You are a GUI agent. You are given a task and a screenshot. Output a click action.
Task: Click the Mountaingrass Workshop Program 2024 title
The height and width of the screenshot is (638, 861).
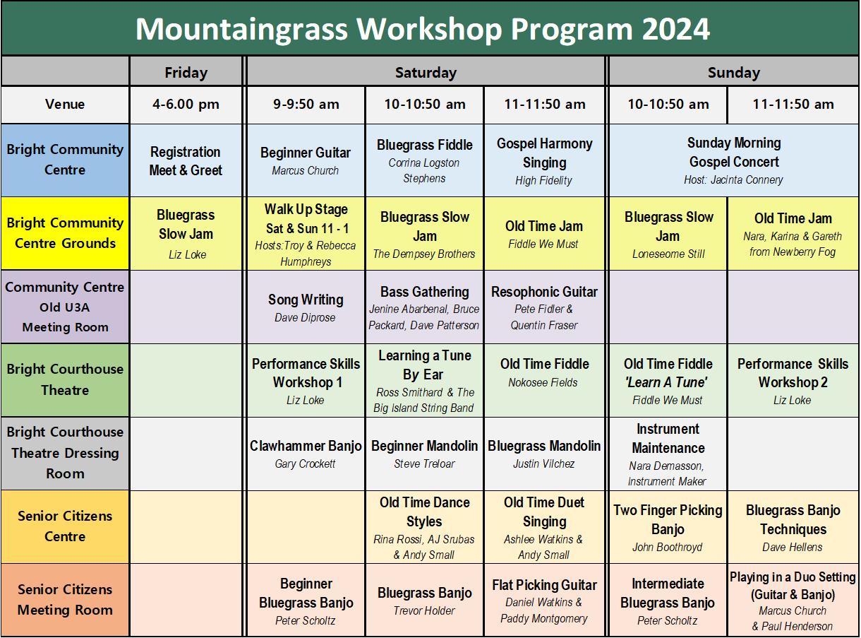point(422,29)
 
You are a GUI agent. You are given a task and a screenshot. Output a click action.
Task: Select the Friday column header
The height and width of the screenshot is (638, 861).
point(186,72)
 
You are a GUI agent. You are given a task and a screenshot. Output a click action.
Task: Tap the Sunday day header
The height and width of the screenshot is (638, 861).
point(733,72)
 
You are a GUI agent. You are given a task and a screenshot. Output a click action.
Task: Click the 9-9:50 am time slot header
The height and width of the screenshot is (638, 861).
point(306,105)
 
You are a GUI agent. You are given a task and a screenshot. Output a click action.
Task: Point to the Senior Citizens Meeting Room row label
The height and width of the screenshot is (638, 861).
point(65,599)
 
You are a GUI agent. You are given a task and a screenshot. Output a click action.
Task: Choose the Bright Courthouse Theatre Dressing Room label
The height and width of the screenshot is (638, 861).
point(65,452)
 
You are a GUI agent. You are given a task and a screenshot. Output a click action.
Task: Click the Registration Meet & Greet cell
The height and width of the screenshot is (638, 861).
point(186,161)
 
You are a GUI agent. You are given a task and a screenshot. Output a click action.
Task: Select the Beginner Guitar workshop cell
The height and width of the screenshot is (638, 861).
point(306,160)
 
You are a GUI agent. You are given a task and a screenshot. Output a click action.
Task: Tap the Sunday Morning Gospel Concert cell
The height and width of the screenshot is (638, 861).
point(733,160)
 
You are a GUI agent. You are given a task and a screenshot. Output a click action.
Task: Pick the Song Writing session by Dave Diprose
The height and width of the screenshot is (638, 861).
point(306,307)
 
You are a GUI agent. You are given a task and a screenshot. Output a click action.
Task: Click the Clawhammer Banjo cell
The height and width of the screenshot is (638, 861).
point(306,454)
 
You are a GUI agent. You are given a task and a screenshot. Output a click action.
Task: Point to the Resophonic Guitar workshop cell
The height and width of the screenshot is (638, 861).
point(544,307)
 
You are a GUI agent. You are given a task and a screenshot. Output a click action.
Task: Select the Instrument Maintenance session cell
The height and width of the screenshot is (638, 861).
point(668,454)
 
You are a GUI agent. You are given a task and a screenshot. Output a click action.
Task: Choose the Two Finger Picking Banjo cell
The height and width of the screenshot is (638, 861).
point(668,527)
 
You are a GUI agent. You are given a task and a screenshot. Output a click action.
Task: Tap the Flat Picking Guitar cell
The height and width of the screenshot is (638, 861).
point(544,600)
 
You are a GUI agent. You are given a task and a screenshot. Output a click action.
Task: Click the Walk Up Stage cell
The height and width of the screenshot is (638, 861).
point(306,233)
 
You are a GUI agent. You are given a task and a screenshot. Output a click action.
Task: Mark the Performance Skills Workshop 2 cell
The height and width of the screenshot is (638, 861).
point(793,381)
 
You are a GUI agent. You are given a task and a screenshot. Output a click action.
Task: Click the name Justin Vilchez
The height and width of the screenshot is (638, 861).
point(544,464)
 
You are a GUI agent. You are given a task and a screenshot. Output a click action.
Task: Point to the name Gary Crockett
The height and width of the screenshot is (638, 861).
point(306,464)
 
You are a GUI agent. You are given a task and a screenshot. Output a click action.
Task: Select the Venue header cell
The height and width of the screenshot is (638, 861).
point(65,105)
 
